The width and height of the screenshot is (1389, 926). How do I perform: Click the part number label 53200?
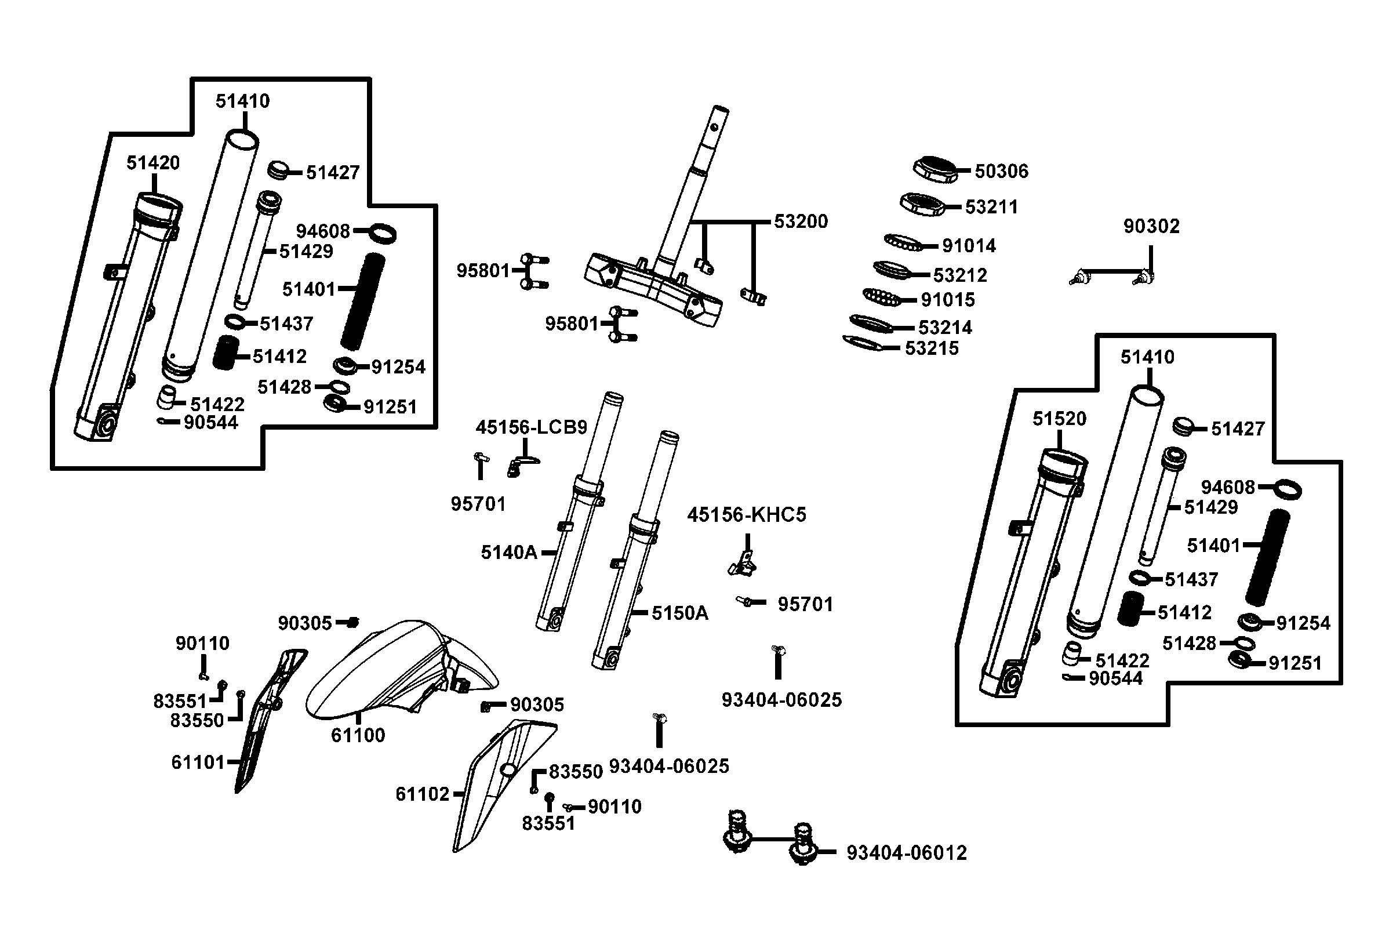tap(801, 221)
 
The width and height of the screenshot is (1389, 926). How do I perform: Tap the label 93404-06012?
tap(906, 853)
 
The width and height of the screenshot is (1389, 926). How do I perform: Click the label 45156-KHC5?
tap(746, 515)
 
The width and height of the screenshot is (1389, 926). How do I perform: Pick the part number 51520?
tap(1059, 419)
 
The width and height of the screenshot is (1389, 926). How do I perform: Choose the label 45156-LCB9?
tap(531, 427)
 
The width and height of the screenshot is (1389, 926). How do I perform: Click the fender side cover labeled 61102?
tap(502, 779)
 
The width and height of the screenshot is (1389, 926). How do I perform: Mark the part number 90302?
tap(1151, 226)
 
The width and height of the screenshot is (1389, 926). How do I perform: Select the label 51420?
tap(153, 163)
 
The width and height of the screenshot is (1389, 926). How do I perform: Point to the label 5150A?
tap(679, 613)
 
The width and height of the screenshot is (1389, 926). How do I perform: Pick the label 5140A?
tap(509, 553)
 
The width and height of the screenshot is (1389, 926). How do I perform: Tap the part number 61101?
tap(198, 762)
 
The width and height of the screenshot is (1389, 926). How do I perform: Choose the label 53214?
tap(944, 327)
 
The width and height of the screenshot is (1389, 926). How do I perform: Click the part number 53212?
tap(960, 275)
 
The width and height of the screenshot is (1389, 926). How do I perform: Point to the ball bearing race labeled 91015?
tap(882, 296)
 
